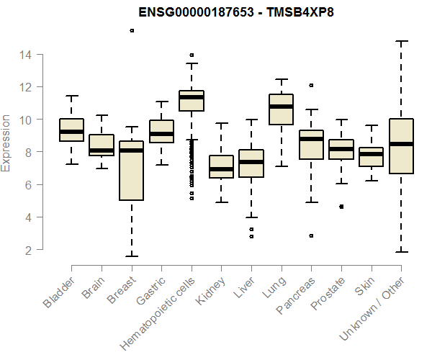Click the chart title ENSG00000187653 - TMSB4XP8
pos(215,12)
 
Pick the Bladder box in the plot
pos(71,130)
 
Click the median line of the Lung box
pos(281,107)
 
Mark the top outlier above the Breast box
pos(132,30)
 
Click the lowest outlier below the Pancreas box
pos(311,235)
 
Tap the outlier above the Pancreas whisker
pos(311,85)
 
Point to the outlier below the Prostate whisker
pos(341,207)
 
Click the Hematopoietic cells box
pos(191,101)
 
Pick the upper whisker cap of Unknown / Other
pos(400,41)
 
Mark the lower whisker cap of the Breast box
pos(131,256)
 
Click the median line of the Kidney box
pos(221,169)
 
